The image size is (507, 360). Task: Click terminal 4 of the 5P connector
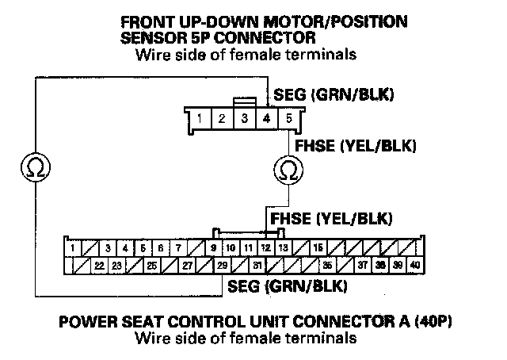267,119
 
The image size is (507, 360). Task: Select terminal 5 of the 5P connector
289,119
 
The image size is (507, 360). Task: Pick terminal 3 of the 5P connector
245,119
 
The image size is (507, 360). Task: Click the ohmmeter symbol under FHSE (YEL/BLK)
285,169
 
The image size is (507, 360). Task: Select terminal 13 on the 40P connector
283,248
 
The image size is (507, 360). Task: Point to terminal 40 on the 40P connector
414,265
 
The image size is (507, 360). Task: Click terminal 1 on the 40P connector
72,248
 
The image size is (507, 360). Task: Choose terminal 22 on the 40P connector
99,265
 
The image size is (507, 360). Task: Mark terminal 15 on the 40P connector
318,248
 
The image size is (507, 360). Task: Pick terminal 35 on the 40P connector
327,265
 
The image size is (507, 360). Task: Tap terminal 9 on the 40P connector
213,248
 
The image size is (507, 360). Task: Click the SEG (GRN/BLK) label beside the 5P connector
334,96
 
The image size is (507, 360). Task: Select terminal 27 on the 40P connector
187,265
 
